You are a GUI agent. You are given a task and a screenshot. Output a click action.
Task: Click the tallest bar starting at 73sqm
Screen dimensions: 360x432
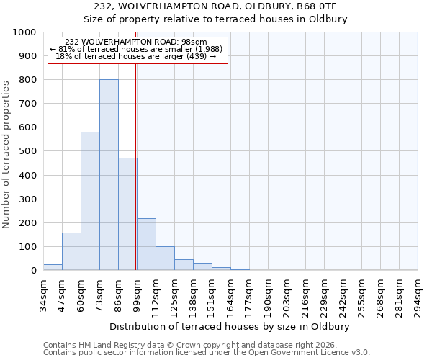(109, 175)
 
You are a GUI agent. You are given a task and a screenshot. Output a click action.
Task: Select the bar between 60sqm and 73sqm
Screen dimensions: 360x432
(90, 201)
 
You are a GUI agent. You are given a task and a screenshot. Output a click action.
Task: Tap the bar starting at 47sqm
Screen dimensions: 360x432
(71, 251)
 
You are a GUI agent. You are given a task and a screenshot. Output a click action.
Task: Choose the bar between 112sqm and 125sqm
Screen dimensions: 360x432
(165, 258)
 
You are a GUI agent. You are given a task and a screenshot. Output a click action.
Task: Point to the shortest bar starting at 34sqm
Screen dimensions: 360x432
(53, 267)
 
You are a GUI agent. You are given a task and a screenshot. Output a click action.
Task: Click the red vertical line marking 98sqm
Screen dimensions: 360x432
(136, 166)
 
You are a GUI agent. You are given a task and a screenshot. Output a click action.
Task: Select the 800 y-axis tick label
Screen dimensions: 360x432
(27, 80)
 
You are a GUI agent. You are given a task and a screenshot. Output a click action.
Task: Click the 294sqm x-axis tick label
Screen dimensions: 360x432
(418, 295)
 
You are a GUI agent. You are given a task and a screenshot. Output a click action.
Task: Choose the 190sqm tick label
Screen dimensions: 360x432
(269, 295)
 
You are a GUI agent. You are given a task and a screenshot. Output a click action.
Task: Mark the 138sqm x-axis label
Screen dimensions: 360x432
(194, 295)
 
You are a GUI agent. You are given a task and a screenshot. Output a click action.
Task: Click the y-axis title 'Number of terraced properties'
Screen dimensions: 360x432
(6, 154)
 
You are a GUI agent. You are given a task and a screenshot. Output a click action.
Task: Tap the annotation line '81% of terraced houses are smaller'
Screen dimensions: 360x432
(138, 49)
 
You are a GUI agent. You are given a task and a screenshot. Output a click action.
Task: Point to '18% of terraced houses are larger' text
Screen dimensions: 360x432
(138, 56)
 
